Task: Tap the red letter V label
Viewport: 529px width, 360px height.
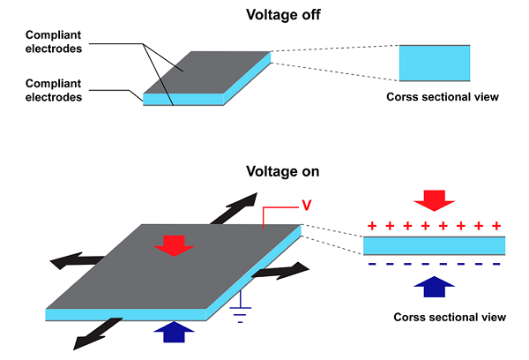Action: pyautogui.click(x=306, y=205)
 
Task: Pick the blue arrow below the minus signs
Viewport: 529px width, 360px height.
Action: pyautogui.click(x=435, y=287)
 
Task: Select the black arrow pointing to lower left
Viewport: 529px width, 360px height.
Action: pyautogui.click(x=97, y=334)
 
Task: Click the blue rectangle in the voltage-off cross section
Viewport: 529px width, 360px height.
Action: pyautogui.click(x=435, y=64)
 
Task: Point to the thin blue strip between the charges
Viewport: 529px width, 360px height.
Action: pyautogui.click(x=434, y=244)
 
